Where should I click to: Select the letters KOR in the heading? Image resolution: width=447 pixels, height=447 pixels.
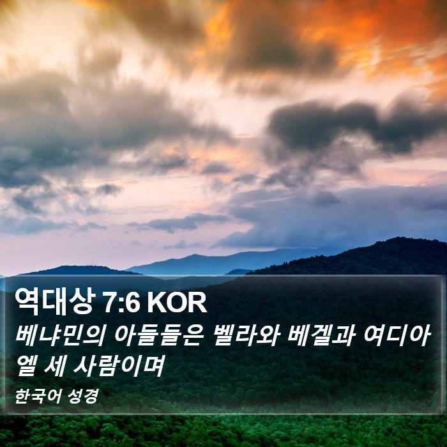[x=177, y=303]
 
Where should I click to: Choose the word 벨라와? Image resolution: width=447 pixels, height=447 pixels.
[x=245, y=337]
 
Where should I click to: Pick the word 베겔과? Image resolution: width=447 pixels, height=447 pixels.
[x=321, y=337]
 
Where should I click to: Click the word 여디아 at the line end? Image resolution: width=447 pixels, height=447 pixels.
[x=397, y=337]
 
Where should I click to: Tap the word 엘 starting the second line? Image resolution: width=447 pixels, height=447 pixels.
[x=26, y=366]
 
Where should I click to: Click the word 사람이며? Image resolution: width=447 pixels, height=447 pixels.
[x=119, y=366]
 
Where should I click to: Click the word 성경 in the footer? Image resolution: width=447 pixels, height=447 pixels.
[x=83, y=397]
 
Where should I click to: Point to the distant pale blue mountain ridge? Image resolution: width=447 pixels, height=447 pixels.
[x=228, y=261]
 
